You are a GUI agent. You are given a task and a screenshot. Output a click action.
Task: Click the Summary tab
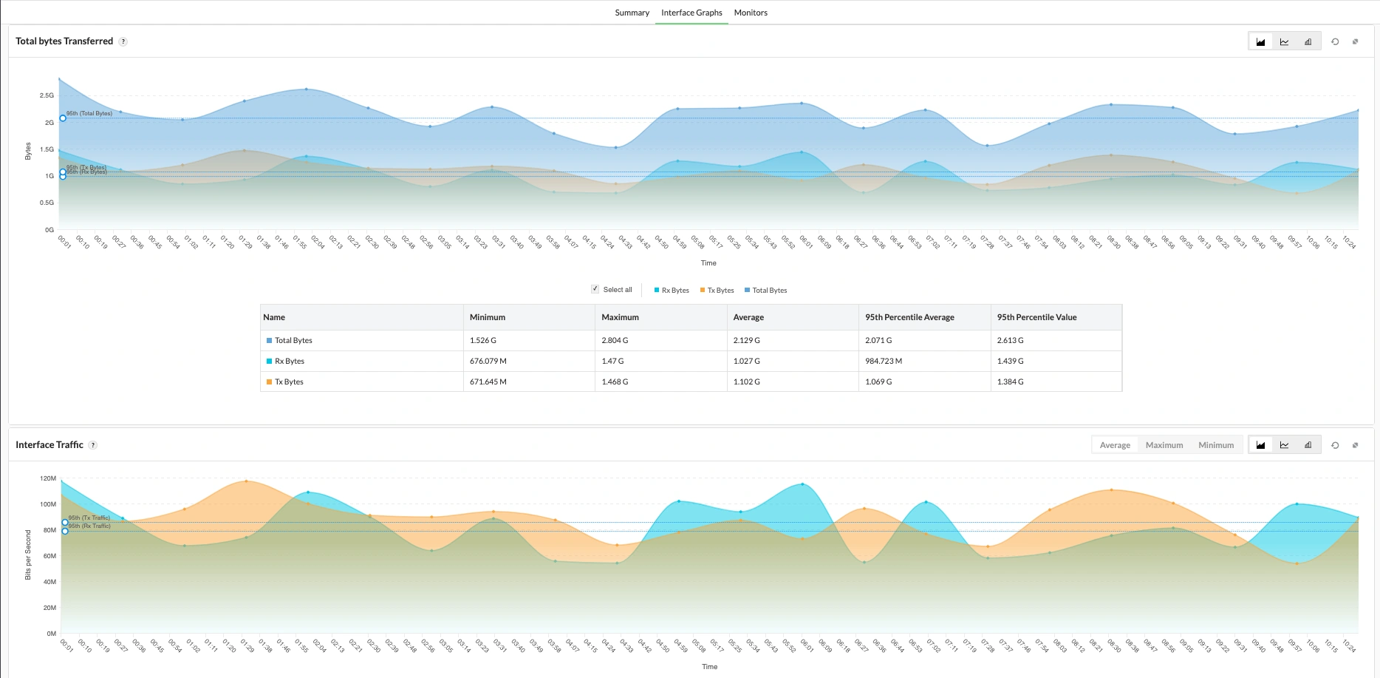pyautogui.click(x=632, y=13)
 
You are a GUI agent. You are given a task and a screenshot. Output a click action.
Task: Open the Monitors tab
pyautogui.click(x=751, y=13)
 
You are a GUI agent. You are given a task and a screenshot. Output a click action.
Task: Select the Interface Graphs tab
pyautogui.click(x=691, y=13)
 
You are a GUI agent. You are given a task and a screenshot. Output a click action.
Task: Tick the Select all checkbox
pyautogui.click(x=595, y=289)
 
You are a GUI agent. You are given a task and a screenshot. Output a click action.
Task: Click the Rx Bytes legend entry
pyautogui.click(x=672, y=291)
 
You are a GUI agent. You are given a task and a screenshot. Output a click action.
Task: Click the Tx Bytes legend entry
pyautogui.click(x=717, y=291)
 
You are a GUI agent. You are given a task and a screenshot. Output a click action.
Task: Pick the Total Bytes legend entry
pyautogui.click(x=766, y=291)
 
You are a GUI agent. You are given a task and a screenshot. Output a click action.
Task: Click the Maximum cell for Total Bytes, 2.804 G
pyautogui.click(x=615, y=340)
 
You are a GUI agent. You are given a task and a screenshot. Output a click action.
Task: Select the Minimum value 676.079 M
pyautogui.click(x=488, y=361)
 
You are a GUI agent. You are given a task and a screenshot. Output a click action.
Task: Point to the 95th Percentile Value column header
pyautogui.click(x=1036, y=317)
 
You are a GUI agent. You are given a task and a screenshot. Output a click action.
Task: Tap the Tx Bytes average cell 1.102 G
pyautogui.click(x=747, y=382)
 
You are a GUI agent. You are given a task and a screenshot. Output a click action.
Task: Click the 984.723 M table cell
pyautogui.click(x=884, y=361)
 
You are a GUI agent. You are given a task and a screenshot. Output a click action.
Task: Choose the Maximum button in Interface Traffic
pyautogui.click(x=1164, y=445)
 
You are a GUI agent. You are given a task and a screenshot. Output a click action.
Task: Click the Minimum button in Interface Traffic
pyautogui.click(x=1216, y=445)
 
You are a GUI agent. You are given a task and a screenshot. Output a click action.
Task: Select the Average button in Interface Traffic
pyautogui.click(x=1115, y=445)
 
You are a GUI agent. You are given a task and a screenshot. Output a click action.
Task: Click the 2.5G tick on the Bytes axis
pyautogui.click(x=47, y=95)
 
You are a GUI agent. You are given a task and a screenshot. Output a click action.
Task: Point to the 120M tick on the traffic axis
pyautogui.click(x=48, y=478)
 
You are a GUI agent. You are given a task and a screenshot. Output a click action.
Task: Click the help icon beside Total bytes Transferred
pyautogui.click(x=123, y=41)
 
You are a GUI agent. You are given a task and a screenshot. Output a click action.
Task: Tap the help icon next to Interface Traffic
pyautogui.click(x=93, y=445)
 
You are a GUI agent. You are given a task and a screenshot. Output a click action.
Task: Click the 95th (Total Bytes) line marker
pyautogui.click(x=63, y=118)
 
